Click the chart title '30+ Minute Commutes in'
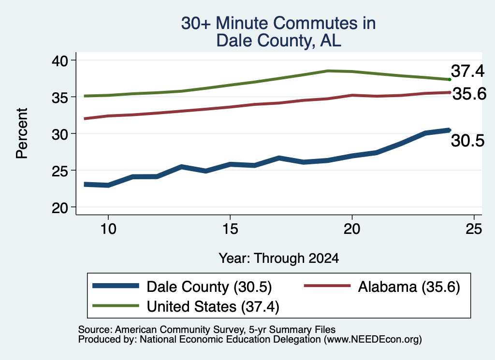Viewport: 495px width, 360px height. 278,23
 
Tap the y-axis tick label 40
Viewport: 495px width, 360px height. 59,60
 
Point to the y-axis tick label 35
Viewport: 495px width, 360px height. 59,98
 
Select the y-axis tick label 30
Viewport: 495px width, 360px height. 59,134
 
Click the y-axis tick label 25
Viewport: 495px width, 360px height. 59,171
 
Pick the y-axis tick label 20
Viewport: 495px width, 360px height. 59,208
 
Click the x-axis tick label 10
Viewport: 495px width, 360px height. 108,229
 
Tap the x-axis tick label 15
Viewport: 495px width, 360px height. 230,229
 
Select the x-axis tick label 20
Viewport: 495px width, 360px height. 352,229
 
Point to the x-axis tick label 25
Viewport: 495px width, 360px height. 474,229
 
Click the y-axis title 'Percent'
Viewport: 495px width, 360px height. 22,133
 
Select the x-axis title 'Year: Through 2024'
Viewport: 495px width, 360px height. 279,258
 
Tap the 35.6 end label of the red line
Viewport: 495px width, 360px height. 469,94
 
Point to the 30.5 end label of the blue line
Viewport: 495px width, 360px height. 467,141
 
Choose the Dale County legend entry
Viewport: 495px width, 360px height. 182,287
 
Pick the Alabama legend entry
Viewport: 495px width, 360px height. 382,287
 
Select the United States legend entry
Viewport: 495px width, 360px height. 186,306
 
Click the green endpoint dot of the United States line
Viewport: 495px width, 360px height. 450,80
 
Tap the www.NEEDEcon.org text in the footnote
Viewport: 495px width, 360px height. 373,339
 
